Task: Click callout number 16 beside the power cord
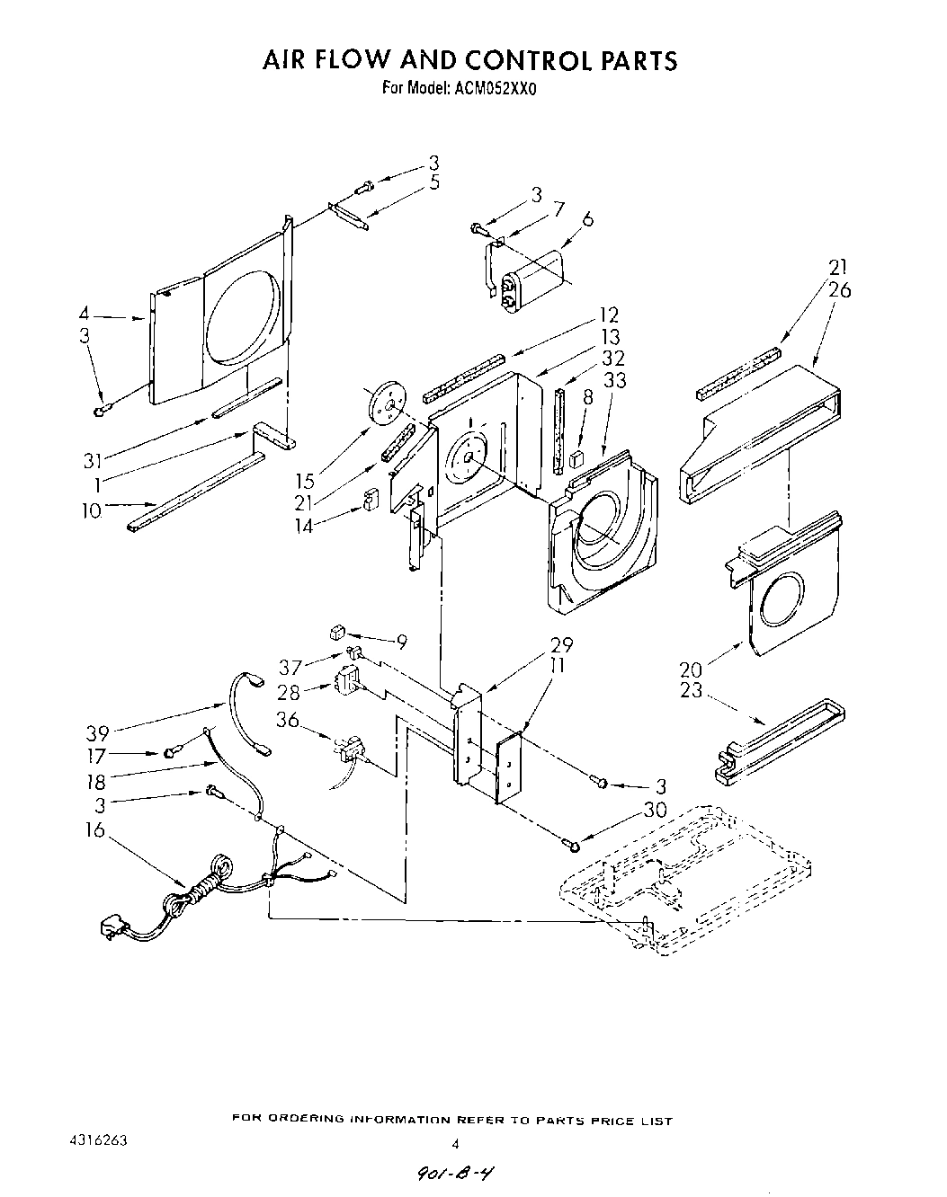coord(95,829)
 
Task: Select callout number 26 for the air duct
coord(842,290)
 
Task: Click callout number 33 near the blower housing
coord(614,379)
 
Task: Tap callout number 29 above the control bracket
coord(561,644)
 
